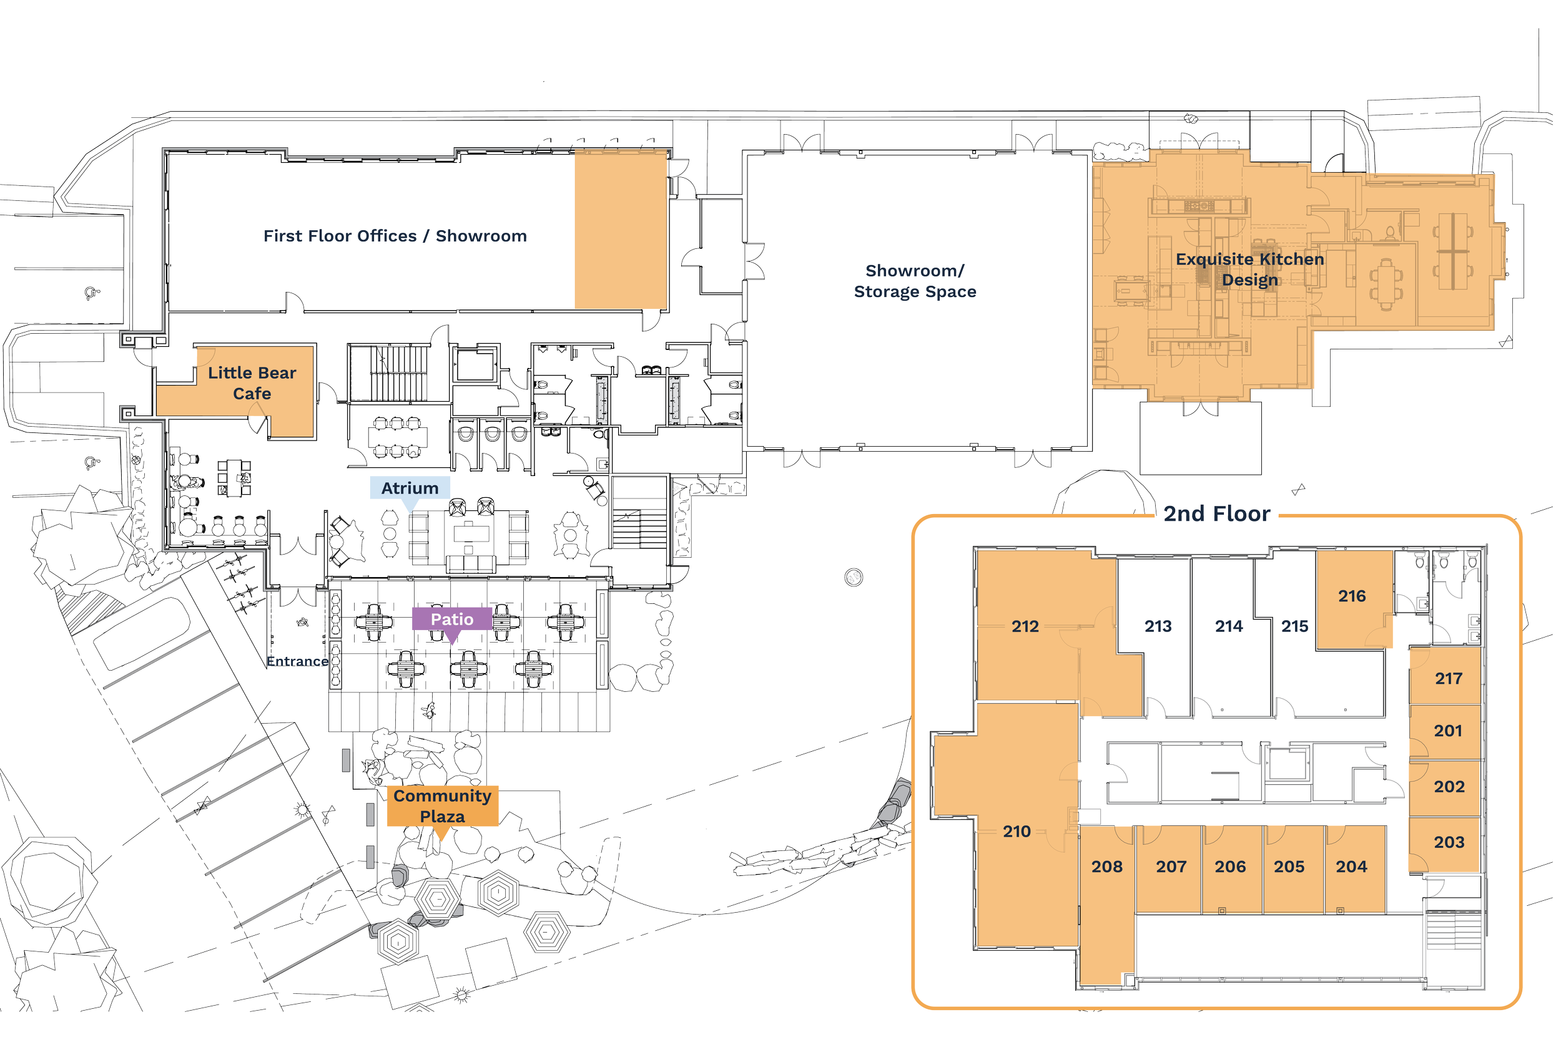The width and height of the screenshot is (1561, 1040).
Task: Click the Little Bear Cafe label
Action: [x=252, y=382]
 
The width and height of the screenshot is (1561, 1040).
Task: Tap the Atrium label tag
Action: [x=410, y=488]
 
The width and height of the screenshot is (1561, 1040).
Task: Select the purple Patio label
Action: [x=452, y=619]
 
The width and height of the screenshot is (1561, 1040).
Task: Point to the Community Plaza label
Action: [x=442, y=806]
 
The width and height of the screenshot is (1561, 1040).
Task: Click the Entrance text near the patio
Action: [x=297, y=661]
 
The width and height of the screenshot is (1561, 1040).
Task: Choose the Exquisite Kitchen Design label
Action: [x=1249, y=270]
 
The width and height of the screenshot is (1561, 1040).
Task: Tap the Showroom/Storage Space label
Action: [x=915, y=281]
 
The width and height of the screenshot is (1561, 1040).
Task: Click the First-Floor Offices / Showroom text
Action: [x=395, y=236]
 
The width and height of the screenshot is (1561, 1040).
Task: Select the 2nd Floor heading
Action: [x=1216, y=513]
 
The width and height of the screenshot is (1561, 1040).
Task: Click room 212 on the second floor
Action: [x=1025, y=626]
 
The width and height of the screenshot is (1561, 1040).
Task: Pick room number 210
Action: [x=1016, y=831]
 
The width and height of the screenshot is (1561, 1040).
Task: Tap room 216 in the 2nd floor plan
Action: [x=1352, y=596]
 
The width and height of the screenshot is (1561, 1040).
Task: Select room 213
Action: [x=1158, y=626]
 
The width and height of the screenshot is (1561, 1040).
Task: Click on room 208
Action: [x=1107, y=866]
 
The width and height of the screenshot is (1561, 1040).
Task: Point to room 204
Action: [x=1351, y=866]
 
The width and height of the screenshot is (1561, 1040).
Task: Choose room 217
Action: [x=1448, y=679]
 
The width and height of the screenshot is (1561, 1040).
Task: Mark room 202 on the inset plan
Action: [x=1449, y=787]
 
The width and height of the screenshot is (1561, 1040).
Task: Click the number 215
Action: [x=1294, y=626]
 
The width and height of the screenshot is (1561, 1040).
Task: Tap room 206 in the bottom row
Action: [x=1230, y=866]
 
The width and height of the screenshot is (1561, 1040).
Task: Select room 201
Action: [x=1447, y=731]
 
